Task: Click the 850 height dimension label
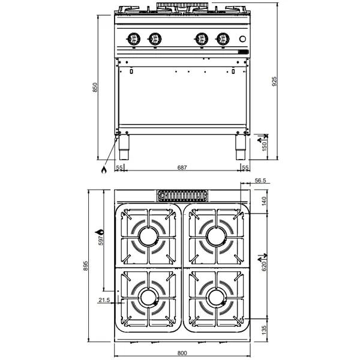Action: pyautogui.click(x=94, y=87)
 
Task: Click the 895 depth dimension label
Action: pyautogui.click(x=86, y=265)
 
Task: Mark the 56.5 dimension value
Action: pyautogui.click(x=259, y=180)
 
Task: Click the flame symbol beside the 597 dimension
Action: pyautogui.click(x=101, y=230)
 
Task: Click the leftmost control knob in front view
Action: pyautogui.click(x=133, y=38)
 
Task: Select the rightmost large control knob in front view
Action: pyautogui.click(x=223, y=38)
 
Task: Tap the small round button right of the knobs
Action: pyautogui.click(x=242, y=40)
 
